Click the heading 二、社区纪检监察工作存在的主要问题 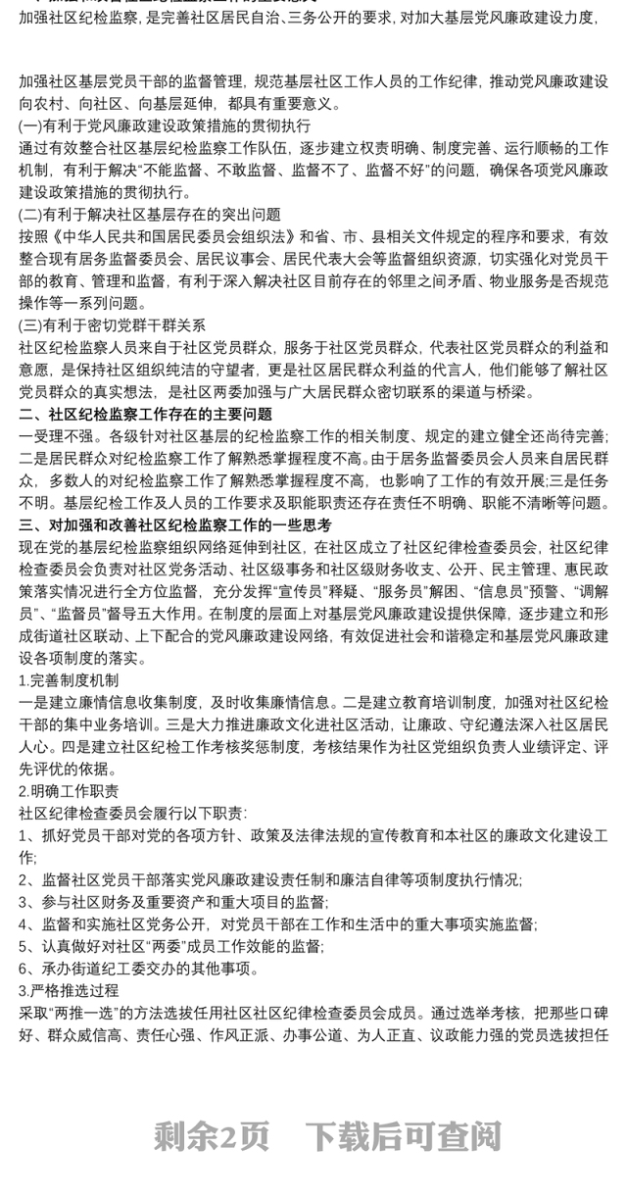point(146,415)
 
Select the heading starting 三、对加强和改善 point(175,524)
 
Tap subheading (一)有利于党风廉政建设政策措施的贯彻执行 point(165,126)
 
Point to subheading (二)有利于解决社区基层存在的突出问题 point(150,214)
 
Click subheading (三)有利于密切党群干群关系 point(113,324)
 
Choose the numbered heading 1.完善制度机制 point(69,679)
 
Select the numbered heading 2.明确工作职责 point(69,790)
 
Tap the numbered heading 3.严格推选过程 point(69,990)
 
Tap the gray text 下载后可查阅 point(403,1136)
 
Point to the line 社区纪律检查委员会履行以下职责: point(133,813)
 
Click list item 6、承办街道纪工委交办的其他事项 point(140,968)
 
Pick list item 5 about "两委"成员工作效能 point(170,946)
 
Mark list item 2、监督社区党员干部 point(270,879)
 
